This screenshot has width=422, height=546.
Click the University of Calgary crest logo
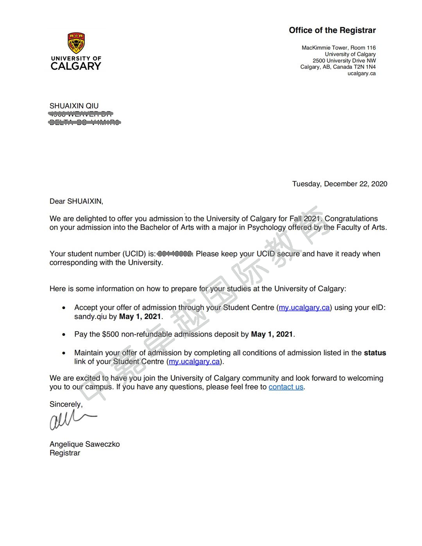coord(76,43)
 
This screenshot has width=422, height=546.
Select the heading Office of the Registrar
coord(332,30)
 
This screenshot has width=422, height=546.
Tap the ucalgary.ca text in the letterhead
coord(361,73)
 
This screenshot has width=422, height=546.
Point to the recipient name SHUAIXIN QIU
coord(74,106)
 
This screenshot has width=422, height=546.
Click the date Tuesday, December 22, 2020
coord(340,184)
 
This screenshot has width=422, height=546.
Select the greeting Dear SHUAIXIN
coord(76,201)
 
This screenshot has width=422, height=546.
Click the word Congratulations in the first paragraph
coord(351,218)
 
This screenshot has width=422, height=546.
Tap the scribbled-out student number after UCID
coord(175,254)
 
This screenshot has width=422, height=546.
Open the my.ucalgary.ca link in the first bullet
coord(304,308)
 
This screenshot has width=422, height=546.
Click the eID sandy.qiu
coord(90,317)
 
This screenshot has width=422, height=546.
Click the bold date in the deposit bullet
coord(272,334)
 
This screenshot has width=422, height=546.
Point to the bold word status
coord(375,353)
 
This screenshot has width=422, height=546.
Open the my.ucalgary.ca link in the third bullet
coord(194,362)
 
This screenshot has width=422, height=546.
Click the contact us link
coord(286,387)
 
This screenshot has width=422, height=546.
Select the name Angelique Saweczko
coord(84,444)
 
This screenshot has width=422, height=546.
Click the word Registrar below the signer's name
coord(65,453)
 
